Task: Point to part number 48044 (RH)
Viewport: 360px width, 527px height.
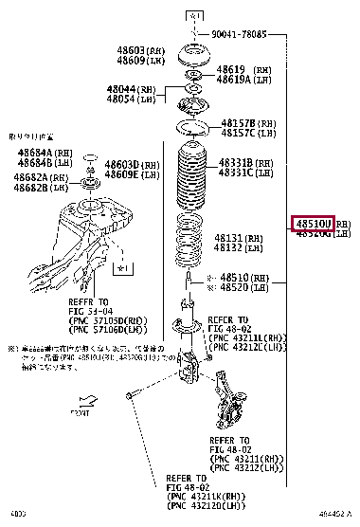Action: [129, 89]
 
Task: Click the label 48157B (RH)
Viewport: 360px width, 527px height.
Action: [244, 124]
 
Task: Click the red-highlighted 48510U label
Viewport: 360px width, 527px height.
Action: [313, 224]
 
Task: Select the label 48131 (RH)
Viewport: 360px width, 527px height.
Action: [233, 238]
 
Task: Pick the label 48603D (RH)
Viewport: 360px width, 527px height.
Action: [127, 165]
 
